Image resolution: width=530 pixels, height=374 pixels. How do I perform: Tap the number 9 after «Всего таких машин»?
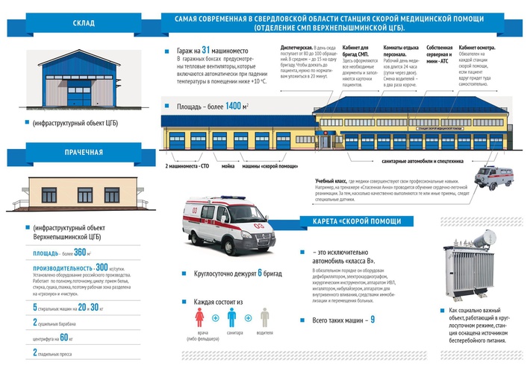point(372,320)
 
